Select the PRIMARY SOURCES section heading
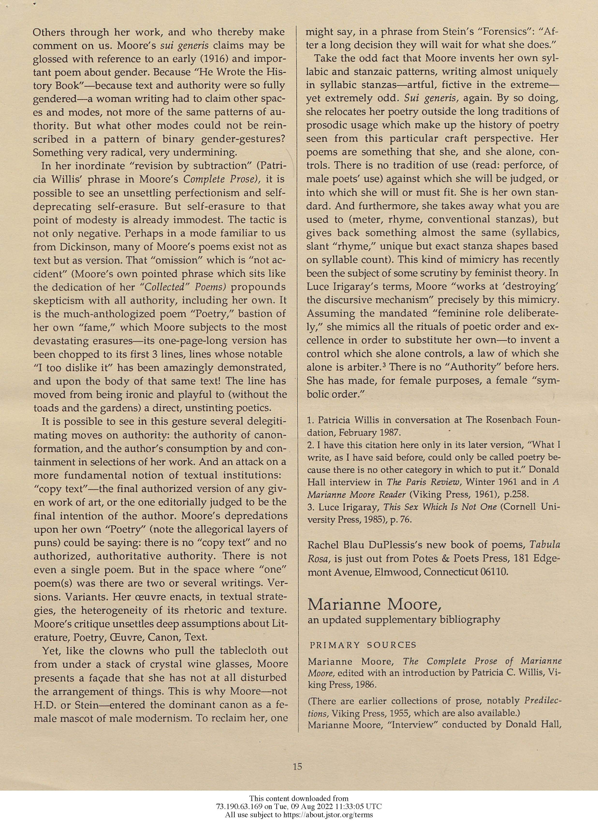[363, 645]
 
